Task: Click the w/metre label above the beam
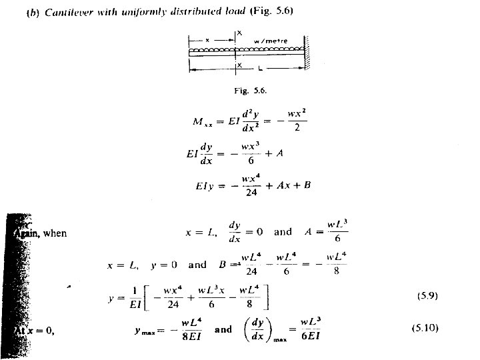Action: pos(271,41)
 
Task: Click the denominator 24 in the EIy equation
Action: pos(251,194)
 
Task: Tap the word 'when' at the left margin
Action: pos(55,233)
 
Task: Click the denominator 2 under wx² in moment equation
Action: pos(297,129)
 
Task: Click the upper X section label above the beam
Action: pos(239,32)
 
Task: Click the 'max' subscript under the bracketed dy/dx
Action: pos(283,340)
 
